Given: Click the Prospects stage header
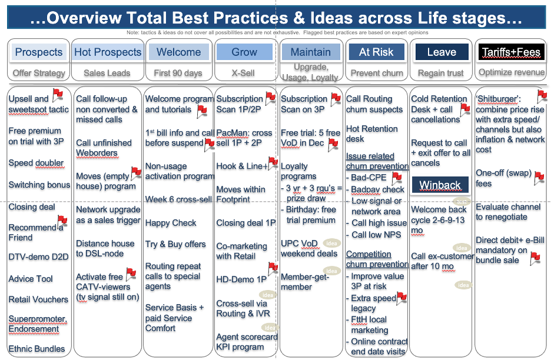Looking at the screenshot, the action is (39, 52).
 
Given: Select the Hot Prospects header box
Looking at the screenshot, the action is (108, 52).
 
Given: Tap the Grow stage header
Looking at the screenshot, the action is (244, 52).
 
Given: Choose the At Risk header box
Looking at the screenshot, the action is (376, 52).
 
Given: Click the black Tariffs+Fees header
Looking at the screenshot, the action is (511, 52).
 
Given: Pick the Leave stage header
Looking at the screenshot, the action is (442, 52).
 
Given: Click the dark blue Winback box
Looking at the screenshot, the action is (440, 185).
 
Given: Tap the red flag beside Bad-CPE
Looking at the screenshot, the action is (397, 178).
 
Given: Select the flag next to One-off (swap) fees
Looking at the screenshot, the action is (539, 178).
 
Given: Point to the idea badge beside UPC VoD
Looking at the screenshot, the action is (331, 243).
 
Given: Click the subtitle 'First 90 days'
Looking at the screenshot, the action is (178, 73).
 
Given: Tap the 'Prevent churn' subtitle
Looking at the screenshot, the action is (377, 73).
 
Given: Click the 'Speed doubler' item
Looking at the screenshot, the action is (36, 163).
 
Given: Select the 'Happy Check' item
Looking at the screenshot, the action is (171, 223).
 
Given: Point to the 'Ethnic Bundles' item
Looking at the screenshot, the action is (36, 349).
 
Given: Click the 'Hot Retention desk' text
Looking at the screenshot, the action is (372, 134).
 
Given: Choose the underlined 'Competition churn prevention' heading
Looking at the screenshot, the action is (377, 259).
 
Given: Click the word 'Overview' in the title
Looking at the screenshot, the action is (84, 18).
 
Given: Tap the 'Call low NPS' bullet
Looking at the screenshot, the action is (376, 235).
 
